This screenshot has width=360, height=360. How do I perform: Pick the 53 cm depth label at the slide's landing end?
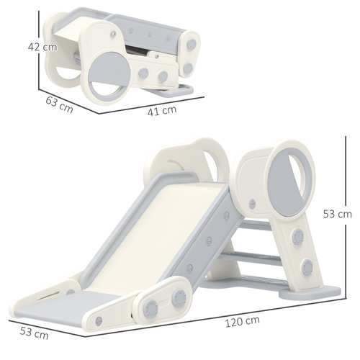point(34,333)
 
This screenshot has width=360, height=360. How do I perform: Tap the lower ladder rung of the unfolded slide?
point(256,256)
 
